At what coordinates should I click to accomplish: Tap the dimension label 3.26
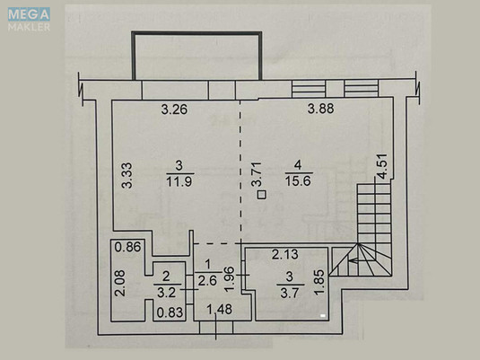175,110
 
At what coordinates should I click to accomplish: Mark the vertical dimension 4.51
381,168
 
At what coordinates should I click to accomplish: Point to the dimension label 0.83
168,312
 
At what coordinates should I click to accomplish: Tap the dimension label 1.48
220,311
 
